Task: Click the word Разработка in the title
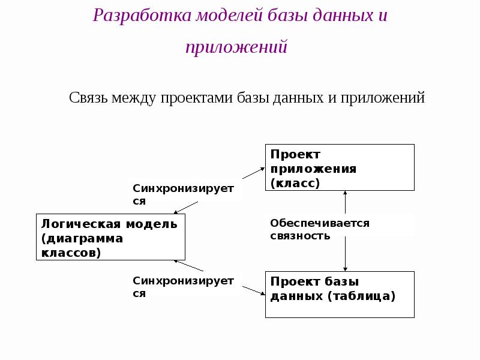pyautogui.click(x=142, y=16)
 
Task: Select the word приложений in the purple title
pyautogui.click(x=236, y=47)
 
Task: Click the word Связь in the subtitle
pyautogui.click(x=89, y=97)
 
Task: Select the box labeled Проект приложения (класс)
pyautogui.click(x=340, y=167)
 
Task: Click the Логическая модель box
pyautogui.click(x=110, y=238)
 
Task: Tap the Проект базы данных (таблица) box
pyautogui.click(x=340, y=294)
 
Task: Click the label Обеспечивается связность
pyautogui.click(x=319, y=229)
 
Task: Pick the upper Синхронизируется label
pyautogui.click(x=182, y=194)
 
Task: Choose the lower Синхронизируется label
pyautogui.click(x=182, y=287)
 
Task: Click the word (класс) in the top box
pyautogui.click(x=295, y=183)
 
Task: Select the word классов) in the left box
pyautogui.click(x=71, y=253)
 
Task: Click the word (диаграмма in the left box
pyautogui.click(x=82, y=238)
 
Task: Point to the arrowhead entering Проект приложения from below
pyautogui.click(x=345, y=194)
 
